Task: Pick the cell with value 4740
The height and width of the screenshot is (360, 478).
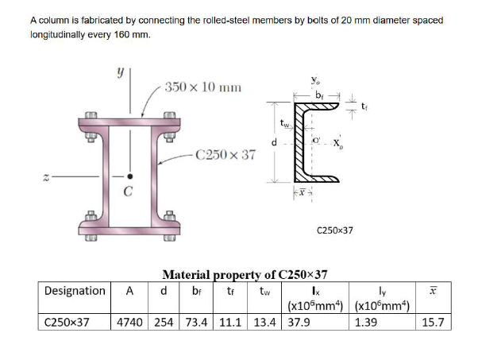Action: [132, 323]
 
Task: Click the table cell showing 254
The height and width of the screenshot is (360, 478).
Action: [164, 323]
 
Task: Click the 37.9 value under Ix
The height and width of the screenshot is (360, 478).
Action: [299, 323]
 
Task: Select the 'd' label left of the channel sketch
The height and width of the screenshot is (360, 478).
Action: [274, 143]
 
